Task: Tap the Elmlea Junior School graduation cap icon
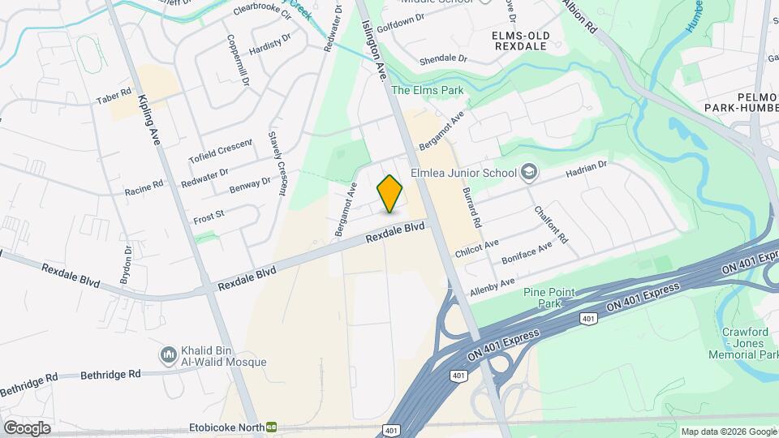[529, 172]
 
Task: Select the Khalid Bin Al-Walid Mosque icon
[169, 354]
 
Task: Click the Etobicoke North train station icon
[271, 426]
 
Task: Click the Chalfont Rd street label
[551, 225]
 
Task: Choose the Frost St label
[209, 217]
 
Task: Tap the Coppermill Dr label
[237, 62]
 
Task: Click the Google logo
[27, 427]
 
